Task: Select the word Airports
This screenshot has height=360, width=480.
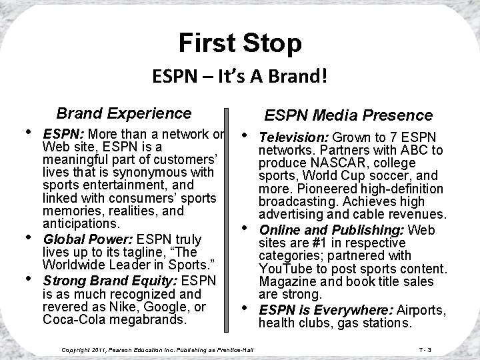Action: pyautogui.click(x=423, y=310)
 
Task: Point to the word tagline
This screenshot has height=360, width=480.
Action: pyautogui.click(x=143, y=252)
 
